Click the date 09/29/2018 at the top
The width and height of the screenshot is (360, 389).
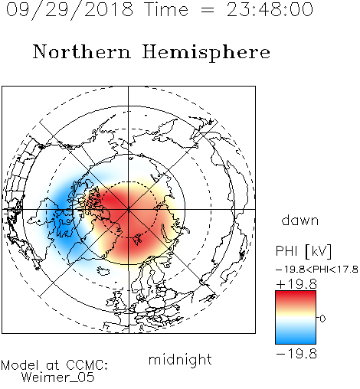(70, 10)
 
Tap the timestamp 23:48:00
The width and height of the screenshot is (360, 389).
(270, 9)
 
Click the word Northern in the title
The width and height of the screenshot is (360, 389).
(82, 51)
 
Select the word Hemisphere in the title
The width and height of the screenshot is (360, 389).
(206, 52)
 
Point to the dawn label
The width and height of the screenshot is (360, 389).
(300, 220)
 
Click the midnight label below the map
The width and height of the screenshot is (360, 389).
(180, 360)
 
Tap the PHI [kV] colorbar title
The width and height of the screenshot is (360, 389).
(303, 251)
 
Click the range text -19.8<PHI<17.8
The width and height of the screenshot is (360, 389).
(317, 270)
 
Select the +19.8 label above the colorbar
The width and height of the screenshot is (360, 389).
(296, 284)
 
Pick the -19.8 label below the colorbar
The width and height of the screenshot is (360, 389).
(296, 354)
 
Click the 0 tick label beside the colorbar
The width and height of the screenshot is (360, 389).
(322, 319)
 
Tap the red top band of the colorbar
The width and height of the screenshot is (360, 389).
(296, 296)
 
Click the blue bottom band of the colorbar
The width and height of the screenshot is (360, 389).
(296, 338)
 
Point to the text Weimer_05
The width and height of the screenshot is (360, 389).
(58, 378)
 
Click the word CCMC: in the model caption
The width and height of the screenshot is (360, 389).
(87, 365)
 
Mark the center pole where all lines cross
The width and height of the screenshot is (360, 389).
(129, 209)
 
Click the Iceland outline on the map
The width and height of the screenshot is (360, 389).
(104, 271)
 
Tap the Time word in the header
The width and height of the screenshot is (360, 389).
(166, 10)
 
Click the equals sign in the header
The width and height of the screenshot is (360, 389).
(208, 10)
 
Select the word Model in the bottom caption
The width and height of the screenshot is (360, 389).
(20, 365)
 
